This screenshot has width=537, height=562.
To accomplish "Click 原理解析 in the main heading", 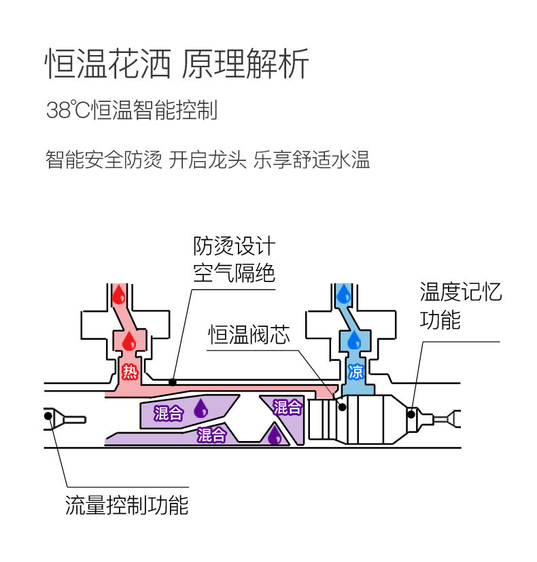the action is coord(247,65).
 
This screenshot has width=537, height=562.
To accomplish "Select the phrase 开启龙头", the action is coord(208,160).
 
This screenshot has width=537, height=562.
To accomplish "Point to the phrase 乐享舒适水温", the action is coord(312,160).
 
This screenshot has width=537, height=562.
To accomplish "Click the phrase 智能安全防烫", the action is coord(104,160).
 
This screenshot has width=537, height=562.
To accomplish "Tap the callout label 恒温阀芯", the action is coord(249,335).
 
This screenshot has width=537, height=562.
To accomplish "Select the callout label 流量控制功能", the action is coord(126,505).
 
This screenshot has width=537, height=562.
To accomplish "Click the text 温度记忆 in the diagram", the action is coord(461,293).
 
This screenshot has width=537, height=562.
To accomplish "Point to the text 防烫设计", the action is coord(234,246).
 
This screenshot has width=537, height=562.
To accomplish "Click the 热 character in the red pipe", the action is coord(129,371).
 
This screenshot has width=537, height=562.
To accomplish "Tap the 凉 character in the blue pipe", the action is coord(355,371).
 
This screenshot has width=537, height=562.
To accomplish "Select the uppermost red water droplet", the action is coord(118,294).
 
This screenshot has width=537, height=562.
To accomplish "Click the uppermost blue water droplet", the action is coord(344,294).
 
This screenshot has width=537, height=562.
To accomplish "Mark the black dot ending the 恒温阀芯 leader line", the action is coord(342,407).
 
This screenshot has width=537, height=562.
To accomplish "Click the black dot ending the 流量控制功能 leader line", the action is coord(50,415).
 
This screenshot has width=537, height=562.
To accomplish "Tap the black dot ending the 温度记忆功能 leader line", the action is coord(411,413).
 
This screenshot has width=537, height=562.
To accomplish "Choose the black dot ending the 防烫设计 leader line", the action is coord(173,382).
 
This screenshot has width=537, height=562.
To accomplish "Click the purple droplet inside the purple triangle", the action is coord(274,435).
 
